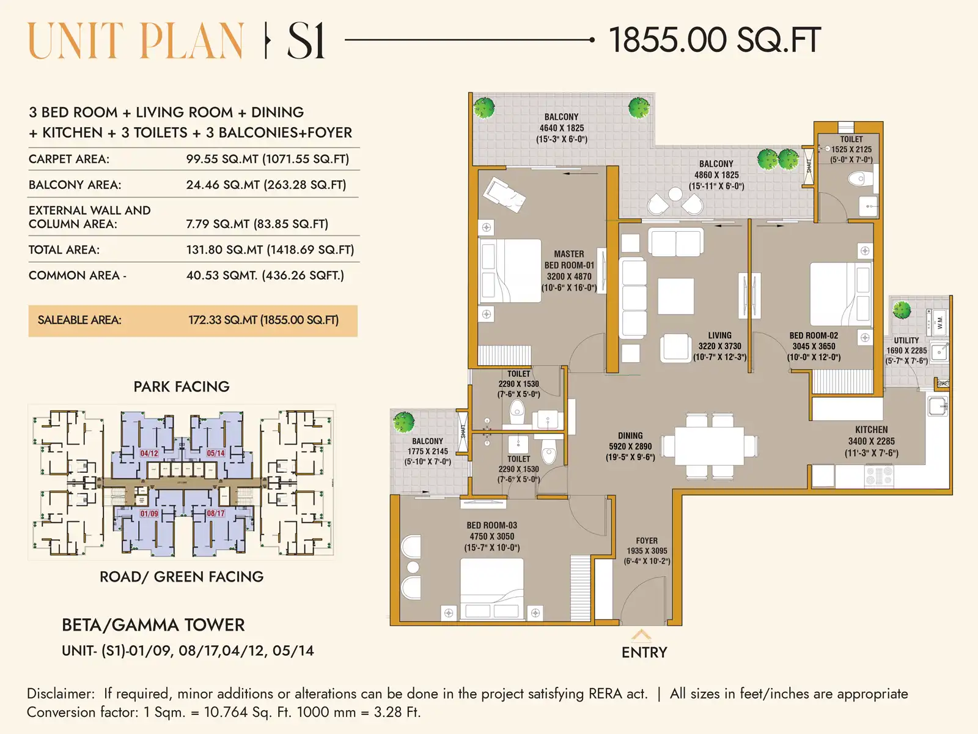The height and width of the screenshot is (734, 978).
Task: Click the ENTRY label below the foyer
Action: click(x=644, y=652)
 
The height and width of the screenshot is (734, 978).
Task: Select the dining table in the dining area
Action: click(x=710, y=445)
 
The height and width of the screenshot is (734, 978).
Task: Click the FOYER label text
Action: click(x=646, y=541)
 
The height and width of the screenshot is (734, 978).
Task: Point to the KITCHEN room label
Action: click(x=871, y=430)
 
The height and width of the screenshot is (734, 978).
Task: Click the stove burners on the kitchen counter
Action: click(x=879, y=475)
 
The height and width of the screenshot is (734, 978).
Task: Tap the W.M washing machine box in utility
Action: click(x=939, y=322)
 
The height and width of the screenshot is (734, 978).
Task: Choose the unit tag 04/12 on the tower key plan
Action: click(x=149, y=453)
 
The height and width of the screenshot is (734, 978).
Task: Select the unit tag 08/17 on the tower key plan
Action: click(x=216, y=513)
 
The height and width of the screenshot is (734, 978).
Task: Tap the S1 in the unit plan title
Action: click(x=306, y=41)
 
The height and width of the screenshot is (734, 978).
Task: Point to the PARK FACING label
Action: click(x=182, y=387)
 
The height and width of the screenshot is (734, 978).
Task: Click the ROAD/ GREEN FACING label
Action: click(x=182, y=577)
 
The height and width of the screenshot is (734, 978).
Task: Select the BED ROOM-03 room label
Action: click(x=491, y=525)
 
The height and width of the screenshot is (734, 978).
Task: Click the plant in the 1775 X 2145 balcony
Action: click(x=404, y=421)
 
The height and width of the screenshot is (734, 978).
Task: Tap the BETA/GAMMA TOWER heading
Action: click(x=153, y=625)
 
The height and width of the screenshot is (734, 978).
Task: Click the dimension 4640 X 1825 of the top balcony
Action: click(x=561, y=128)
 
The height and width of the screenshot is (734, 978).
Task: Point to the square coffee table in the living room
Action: click(x=675, y=296)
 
